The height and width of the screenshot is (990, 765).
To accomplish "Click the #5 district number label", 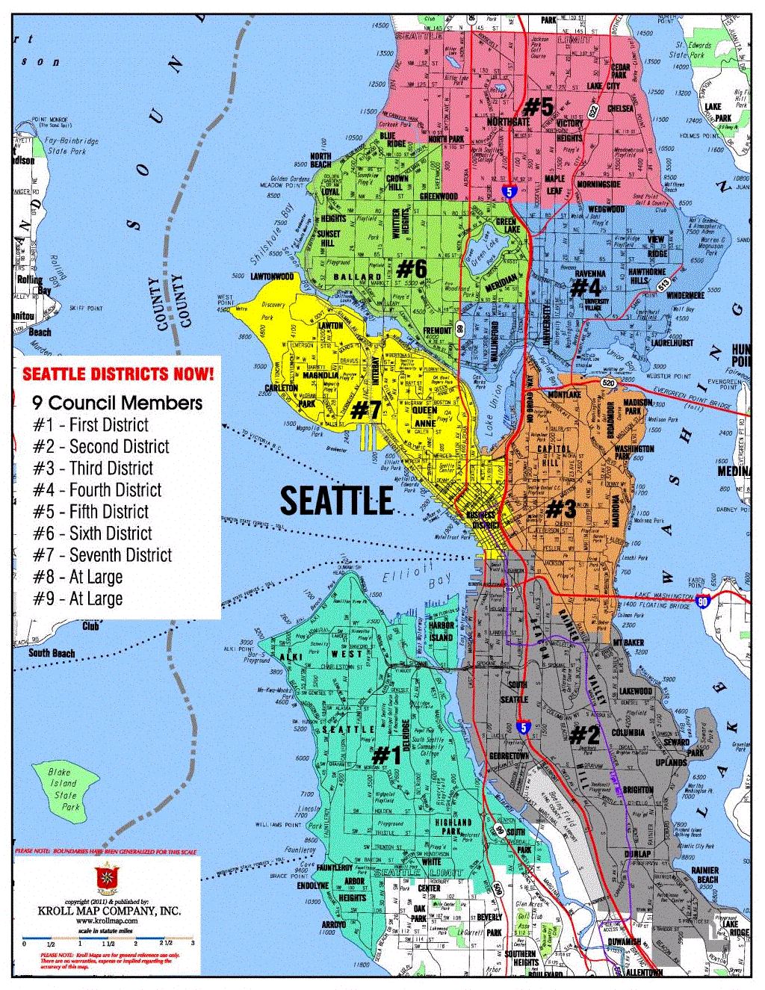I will click(x=538, y=107).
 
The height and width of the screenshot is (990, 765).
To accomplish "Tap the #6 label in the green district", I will click(x=412, y=268).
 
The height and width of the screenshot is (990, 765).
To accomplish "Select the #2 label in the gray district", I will click(x=584, y=735).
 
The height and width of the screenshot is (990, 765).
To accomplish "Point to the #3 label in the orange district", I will click(x=561, y=510).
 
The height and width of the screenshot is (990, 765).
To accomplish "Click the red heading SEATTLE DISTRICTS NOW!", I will click(x=118, y=374).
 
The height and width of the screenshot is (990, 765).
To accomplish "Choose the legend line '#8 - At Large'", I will click(x=78, y=577).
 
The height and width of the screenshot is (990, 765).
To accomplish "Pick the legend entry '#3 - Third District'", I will click(x=93, y=468).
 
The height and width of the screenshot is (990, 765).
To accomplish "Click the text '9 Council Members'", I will click(x=117, y=403).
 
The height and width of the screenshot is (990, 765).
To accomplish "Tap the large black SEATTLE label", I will click(x=336, y=501).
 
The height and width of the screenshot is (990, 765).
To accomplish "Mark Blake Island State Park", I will click(x=65, y=789).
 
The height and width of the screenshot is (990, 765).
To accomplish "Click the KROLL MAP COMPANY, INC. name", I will click(x=109, y=911).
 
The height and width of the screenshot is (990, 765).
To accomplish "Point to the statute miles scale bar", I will click(x=108, y=938).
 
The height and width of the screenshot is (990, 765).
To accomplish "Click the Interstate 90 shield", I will click(x=702, y=602).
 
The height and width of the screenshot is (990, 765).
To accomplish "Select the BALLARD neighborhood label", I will click(x=357, y=277).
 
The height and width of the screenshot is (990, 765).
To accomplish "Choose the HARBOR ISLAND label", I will click(x=441, y=631).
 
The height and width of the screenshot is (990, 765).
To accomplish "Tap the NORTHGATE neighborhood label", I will click(x=508, y=122).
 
